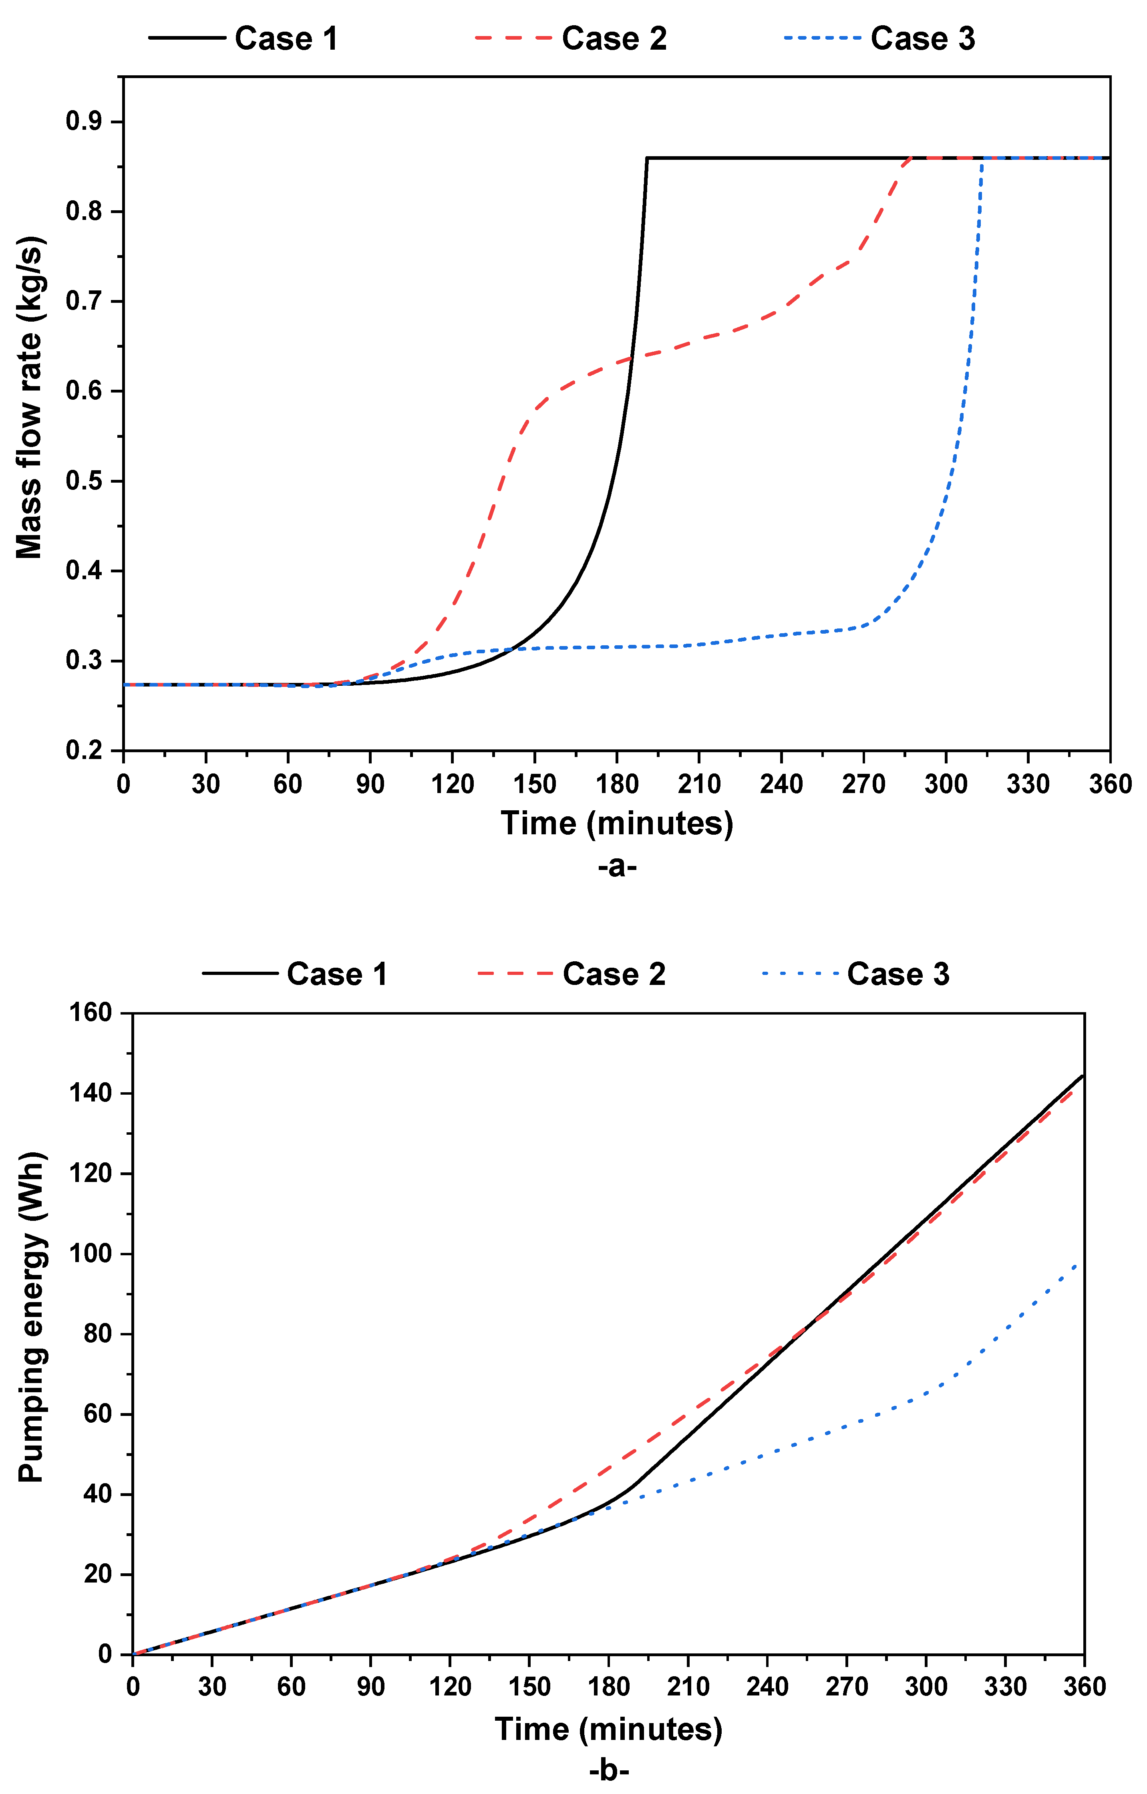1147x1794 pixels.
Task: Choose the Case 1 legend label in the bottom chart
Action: point(337,974)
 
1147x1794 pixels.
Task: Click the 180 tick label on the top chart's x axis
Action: point(617,784)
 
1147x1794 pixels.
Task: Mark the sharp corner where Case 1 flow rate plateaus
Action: point(647,158)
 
